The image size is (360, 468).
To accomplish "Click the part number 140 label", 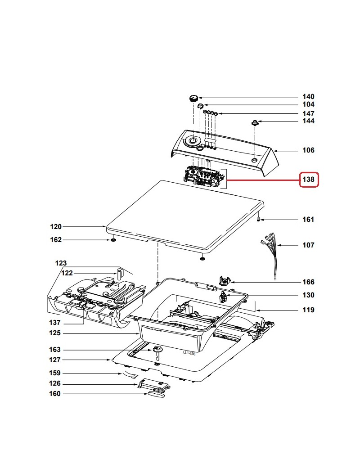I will pos(308,97).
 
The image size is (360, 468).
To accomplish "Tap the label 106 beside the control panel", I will pos(308,150).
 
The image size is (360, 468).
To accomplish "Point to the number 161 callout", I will pos(308,220).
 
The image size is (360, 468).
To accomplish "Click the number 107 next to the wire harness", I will pos(308,245).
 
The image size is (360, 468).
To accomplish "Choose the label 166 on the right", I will pos(308,282).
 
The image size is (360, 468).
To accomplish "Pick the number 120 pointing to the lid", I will pos(56,226).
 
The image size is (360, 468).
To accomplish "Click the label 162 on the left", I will pos(56,240).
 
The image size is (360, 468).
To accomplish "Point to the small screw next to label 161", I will pos(259,220).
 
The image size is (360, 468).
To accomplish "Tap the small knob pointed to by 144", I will pos(254,122).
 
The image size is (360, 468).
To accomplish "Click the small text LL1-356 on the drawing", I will pos(189,354).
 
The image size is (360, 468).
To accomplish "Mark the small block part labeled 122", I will pos(120,273).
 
